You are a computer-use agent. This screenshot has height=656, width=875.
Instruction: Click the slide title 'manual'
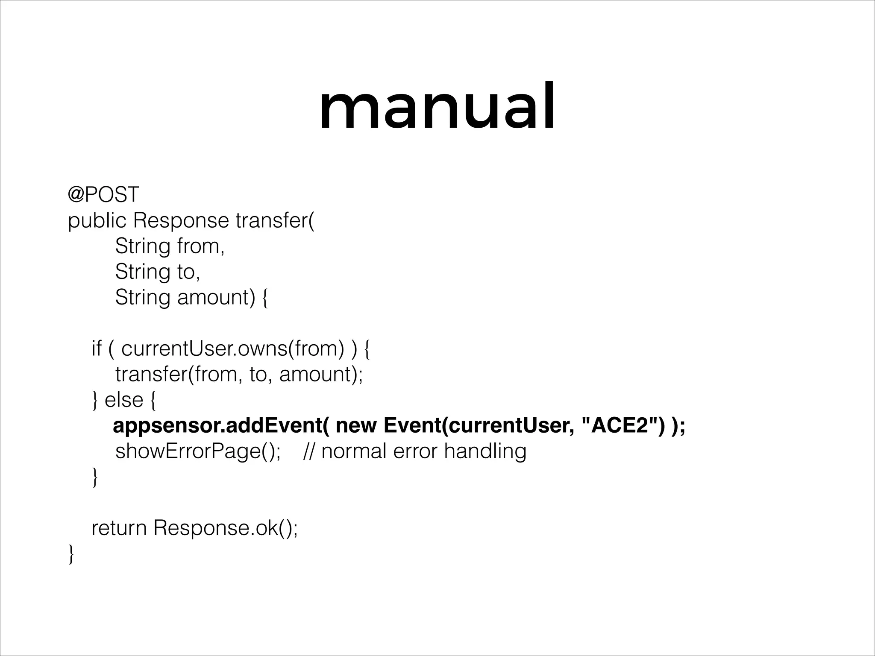pos(437,107)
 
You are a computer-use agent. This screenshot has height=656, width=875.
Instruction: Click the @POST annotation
pos(103,195)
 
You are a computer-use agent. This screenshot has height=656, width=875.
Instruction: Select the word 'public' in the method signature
pos(97,221)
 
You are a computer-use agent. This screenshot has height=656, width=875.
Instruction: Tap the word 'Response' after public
pos(181,221)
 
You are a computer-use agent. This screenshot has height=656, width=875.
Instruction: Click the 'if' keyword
pos(96,349)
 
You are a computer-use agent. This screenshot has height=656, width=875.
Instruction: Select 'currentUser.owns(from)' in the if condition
pos(233,349)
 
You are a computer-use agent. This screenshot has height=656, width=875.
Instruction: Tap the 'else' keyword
pos(124,400)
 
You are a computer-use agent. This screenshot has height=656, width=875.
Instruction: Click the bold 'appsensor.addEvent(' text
pos(221,426)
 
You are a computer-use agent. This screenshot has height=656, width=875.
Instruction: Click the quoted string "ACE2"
pos(620,426)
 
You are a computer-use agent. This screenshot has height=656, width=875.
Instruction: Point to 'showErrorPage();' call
pos(198,451)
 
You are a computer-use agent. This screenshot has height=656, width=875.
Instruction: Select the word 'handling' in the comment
pos(485,451)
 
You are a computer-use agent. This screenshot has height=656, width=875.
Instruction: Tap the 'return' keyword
pos(119,528)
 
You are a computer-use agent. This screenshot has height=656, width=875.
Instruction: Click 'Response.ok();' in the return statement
pos(226,528)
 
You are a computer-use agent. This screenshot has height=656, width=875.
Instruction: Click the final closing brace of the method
pos(71,555)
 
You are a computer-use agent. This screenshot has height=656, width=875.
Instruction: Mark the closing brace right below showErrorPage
pos(95,478)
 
